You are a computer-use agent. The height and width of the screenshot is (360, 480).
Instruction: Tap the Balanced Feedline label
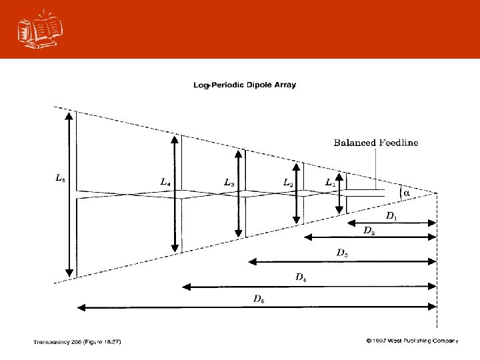(x=376, y=142)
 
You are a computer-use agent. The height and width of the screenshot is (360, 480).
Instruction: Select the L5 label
(x=59, y=178)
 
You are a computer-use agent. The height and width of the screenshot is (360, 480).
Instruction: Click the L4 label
(x=166, y=181)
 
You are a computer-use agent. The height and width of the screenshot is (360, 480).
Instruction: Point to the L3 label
(x=228, y=181)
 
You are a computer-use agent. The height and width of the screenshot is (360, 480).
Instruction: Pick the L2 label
(x=288, y=181)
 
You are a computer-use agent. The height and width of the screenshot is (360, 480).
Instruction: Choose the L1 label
(x=330, y=182)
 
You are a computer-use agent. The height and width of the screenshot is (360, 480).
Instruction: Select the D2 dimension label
(x=368, y=230)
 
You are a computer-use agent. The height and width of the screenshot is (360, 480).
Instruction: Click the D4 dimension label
(x=301, y=276)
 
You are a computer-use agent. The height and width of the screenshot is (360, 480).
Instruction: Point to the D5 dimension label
(x=259, y=299)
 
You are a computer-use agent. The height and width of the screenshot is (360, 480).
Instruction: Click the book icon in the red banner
(x=37, y=29)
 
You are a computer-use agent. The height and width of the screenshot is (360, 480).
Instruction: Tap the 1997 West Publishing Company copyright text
(x=411, y=341)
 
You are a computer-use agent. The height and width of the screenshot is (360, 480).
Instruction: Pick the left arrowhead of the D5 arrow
(x=81, y=307)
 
